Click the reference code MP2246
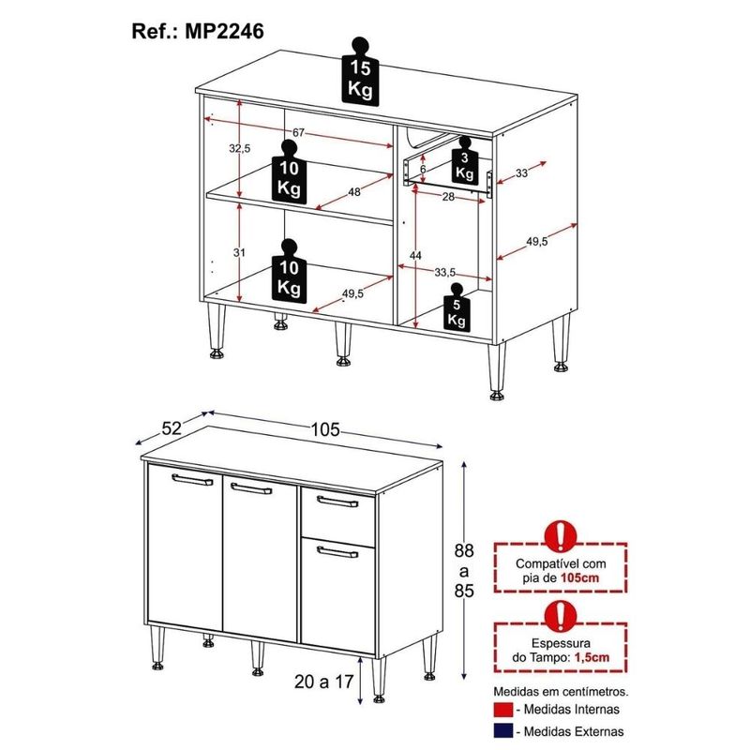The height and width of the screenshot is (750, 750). pyautogui.click(x=224, y=32)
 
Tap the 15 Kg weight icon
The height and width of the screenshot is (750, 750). pyautogui.click(x=360, y=71)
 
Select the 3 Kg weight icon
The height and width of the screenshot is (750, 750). pyautogui.click(x=464, y=159)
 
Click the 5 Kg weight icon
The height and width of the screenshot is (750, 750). pyautogui.click(x=457, y=307)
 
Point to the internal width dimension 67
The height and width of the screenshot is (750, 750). pyautogui.click(x=298, y=132)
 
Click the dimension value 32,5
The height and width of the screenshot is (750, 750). pyautogui.click(x=239, y=149)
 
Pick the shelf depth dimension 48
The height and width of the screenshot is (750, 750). pyautogui.click(x=354, y=192)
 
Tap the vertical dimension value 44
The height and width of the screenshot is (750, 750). pyautogui.click(x=415, y=256)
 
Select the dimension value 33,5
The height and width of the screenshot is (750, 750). pyautogui.click(x=444, y=273)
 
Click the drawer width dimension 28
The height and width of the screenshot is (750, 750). pyautogui.click(x=448, y=197)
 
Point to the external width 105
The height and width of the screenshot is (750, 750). pyautogui.click(x=325, y=429)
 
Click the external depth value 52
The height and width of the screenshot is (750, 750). pyautogui.click(x=172, y=428)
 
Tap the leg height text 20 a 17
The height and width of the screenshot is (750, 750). pyautogui.click(x=323, y=682)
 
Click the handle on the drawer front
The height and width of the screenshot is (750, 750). pyautogui.click(x=337, y=502)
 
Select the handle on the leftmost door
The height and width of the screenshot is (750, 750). pyautogui.click(x=192, y=480)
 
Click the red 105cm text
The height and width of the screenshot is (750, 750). pyautogui.click(x=579, y=577)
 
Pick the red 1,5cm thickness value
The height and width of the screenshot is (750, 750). pyautogui.click(x=592, y=657)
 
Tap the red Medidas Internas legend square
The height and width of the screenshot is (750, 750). pyautogui.click(x=503, y=710)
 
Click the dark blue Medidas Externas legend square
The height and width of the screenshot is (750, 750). pyautogui.click(x=503, y=731)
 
